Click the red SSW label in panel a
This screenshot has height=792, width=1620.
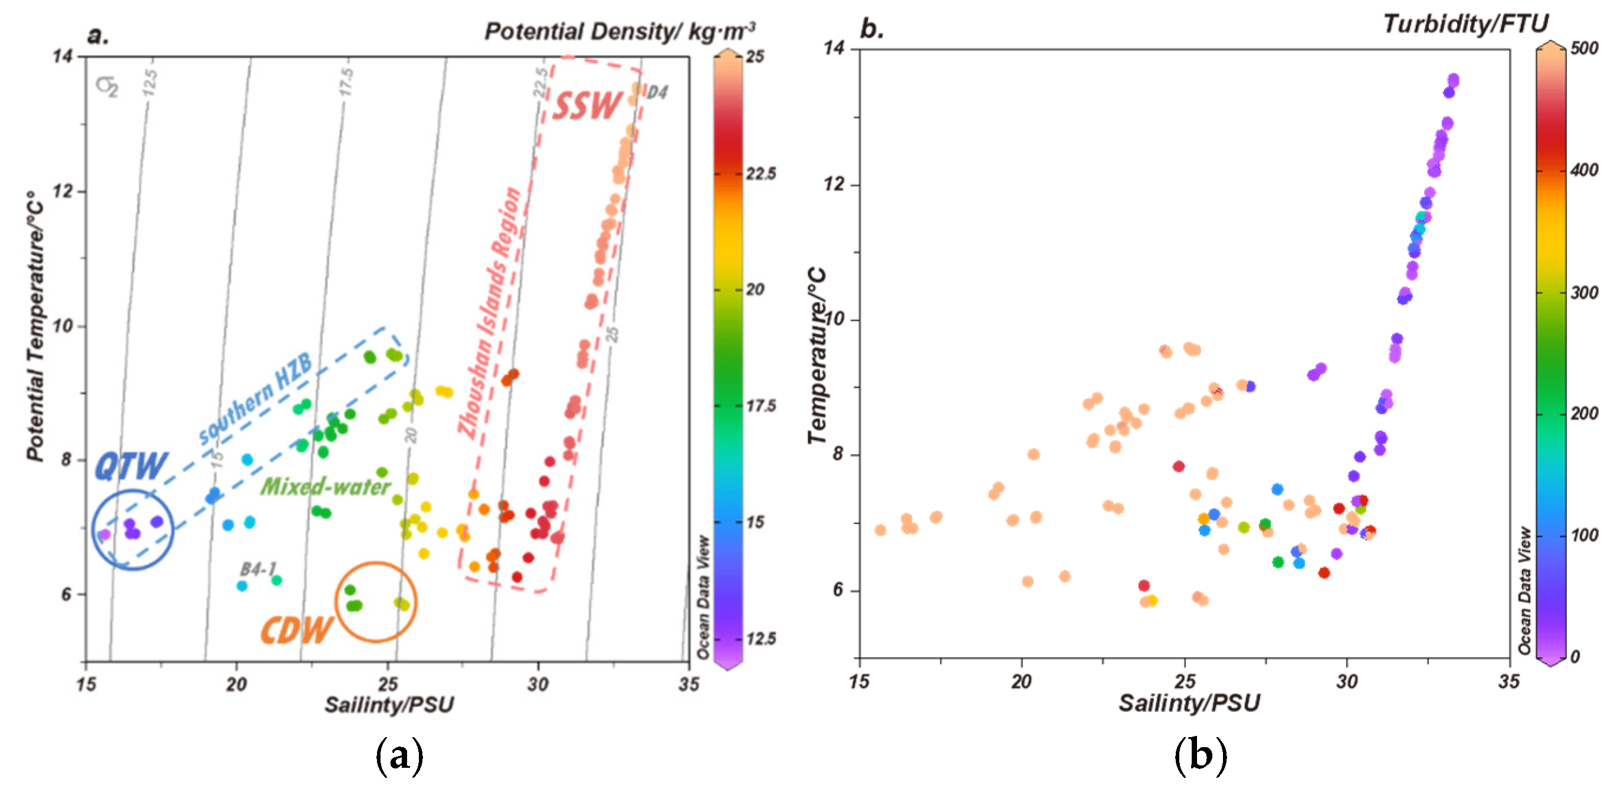pos(586,105)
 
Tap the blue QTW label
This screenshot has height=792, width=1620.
pos(131,466)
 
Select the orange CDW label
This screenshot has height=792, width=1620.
pos(296,630)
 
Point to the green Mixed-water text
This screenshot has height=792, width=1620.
pos(325,487)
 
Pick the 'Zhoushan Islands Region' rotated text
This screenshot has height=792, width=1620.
pos(490,313)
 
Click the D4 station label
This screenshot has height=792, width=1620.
pos(657,93)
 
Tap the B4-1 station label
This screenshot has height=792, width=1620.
pos(258,570)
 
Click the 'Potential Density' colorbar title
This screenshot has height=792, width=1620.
pos(619,31)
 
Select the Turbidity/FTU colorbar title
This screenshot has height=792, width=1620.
pos(1465,24)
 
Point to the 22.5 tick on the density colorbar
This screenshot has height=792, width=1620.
pos(760,174)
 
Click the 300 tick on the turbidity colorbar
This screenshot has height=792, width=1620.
pos(1584,293)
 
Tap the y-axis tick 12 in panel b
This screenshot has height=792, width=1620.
pos(834,184)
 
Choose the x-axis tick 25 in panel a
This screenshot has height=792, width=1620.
pos(388,684)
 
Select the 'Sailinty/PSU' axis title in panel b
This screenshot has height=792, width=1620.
pos(1189,703)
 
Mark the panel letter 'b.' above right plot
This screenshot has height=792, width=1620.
pos(871,28)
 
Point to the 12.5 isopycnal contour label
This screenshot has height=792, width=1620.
pos(150,83)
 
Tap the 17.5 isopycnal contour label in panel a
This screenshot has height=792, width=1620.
pos(346,83)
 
